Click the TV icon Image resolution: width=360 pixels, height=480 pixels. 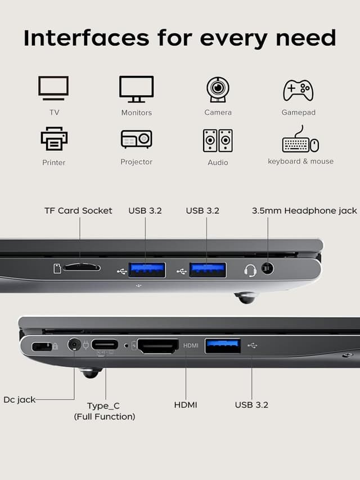click(x=53, y=88)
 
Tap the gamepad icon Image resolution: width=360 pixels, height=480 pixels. click(x=298, y=89)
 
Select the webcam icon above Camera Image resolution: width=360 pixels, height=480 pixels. click(x=217, y=89)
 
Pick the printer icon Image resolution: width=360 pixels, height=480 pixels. click(x=54, y=138)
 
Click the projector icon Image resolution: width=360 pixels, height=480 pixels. click(x=136, y=138)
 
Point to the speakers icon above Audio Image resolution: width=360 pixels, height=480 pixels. click(x=218, y=141)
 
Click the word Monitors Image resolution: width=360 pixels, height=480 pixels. click(x=136, y=113)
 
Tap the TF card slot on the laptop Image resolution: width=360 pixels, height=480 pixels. click(x=82, y=268)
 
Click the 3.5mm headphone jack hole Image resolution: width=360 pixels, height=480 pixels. click(x=268, y=269)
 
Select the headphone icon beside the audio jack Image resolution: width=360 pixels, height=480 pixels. click(x=250, y=271)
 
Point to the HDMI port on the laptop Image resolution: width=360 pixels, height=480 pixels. click(x=158, y=346)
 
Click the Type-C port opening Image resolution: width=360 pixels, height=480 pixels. click(x=105, y=344)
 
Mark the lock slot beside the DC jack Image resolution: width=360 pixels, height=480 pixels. click(x=42, y=347)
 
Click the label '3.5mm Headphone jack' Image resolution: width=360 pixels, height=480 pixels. click(x=304, y=210)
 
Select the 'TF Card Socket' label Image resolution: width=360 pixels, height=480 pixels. click(x=78, y=210)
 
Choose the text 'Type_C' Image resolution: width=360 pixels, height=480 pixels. click(x=103, y=406)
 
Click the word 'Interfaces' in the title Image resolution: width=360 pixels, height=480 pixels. click(x=86, y=38)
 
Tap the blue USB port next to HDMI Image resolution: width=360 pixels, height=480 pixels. click(x=223, y=346)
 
